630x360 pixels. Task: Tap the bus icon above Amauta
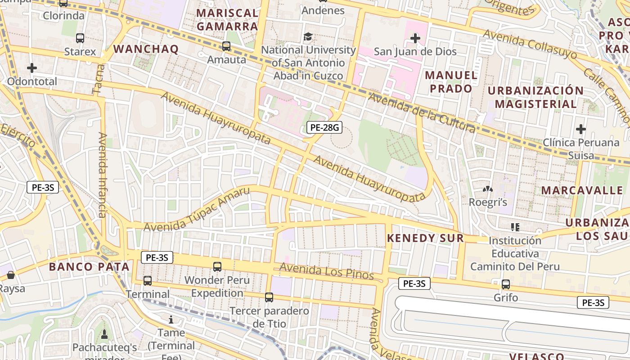pos(226,46)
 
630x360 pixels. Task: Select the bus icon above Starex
pos(80,38)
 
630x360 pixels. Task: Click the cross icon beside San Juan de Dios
pos(415,38)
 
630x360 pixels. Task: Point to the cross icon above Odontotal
pos(32,68)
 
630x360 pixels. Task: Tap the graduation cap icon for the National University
pos(308,36)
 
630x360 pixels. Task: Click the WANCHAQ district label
pos(146,49)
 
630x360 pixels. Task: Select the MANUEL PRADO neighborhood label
pos(451,81)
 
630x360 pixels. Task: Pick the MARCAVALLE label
pos(582,190)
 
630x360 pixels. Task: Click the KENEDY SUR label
pos(425,238)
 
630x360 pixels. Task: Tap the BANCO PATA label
pos(89,266)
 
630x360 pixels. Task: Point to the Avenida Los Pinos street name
pos(327,271)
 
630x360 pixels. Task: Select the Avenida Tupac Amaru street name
pos(197,210)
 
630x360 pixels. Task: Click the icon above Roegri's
pos(488,189)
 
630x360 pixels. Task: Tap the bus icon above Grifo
pos(506,284)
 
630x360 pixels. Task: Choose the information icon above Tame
pos(171,320)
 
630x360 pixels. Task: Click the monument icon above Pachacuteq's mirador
pos(104,334)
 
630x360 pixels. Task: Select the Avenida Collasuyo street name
pos(530,45)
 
